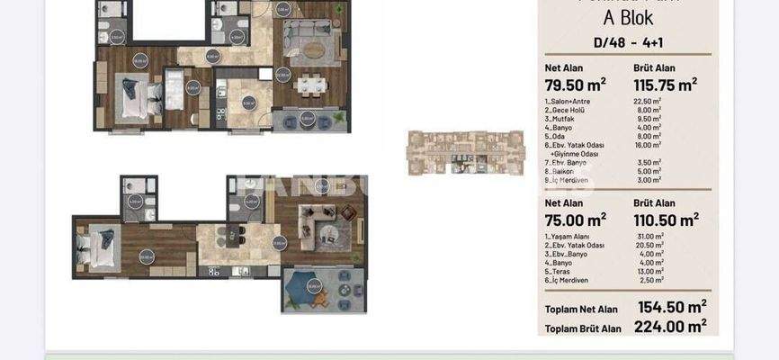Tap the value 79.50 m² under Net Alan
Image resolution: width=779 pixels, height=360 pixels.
pyautogui.click(x=575, y=85)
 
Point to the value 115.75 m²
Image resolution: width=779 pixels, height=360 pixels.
pyautogui.click(x=665, y=85)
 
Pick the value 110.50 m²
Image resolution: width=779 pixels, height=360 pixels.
pyautogui.click(x=665, y=219)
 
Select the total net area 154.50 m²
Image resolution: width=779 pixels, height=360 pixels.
pyautogui.click(x=671, y=308)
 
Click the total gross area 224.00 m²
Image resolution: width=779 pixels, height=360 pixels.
pyautogui.click(x=671, y=326)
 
